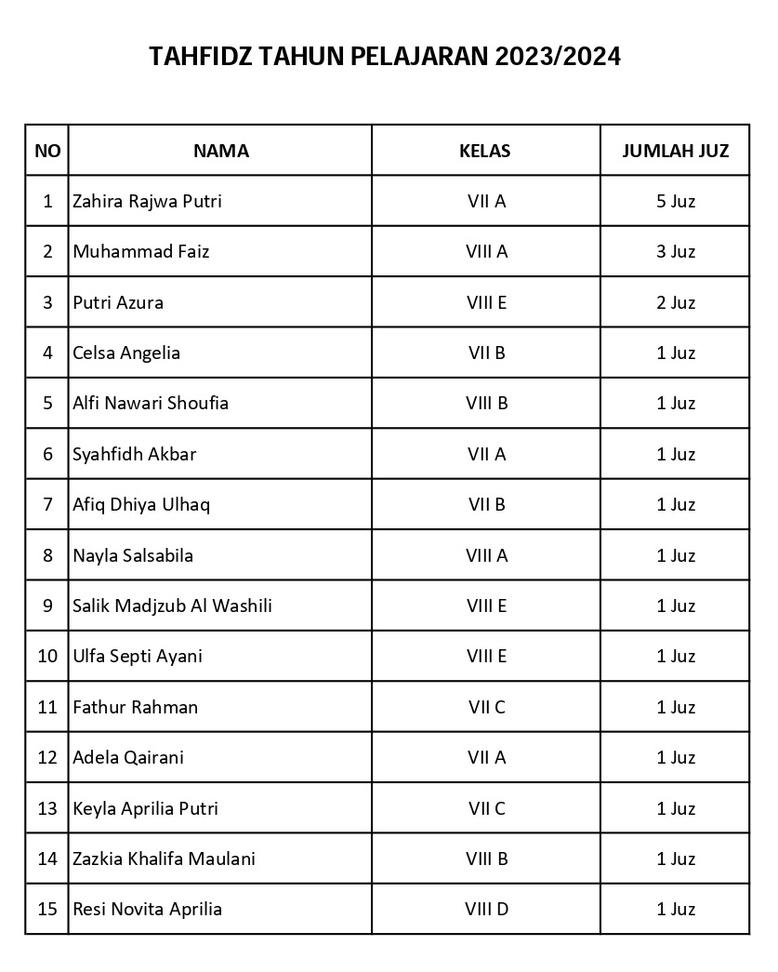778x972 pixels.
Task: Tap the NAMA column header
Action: click(x=220, y=151)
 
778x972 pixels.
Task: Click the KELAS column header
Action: click(x=485, y=151)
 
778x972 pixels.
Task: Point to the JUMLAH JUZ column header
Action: click(x=675, y=151)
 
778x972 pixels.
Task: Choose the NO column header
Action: click(x=47, y=151)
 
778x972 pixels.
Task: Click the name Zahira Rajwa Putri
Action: click(x=147, y=201)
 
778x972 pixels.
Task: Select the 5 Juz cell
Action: click(x=675, y=201)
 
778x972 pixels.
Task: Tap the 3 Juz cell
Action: click(x=675, y=251)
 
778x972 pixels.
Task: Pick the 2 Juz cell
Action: click(x=675, y=302)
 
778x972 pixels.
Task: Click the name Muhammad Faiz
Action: click(x=140, y=251)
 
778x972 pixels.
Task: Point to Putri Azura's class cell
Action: click(x=486, y=302)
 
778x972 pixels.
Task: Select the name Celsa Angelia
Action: click(x=126, y=353)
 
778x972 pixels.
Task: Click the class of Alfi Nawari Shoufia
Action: click(x=486, y=403)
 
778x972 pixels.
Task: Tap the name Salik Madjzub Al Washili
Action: click(x=172, y=606)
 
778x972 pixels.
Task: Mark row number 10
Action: click(x=47, y=656)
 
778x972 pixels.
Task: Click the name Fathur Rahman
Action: click(x=135, y=707)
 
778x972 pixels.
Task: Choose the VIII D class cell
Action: click(x=486, y=909)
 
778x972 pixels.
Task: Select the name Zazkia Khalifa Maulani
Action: click(x=164, y=859)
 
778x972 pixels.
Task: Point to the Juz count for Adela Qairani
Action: click(x=675, y=757)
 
